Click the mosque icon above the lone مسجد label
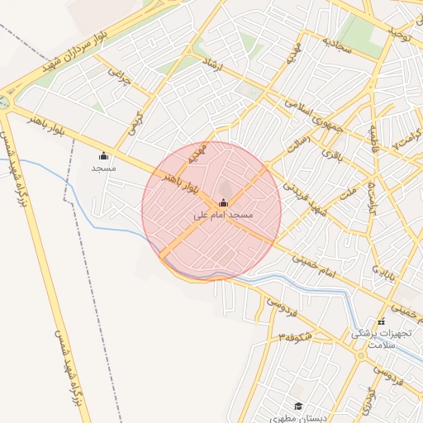pyautogui.click(x=103, y=155)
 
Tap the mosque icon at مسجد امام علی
pyautogui.click(x=223, y=202)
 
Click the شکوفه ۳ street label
pyautogui.click(x=295, y=336)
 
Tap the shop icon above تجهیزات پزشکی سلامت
pyautogui.click(x=381, y=321)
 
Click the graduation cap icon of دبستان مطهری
pyautogui.click(x=298, y=406)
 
